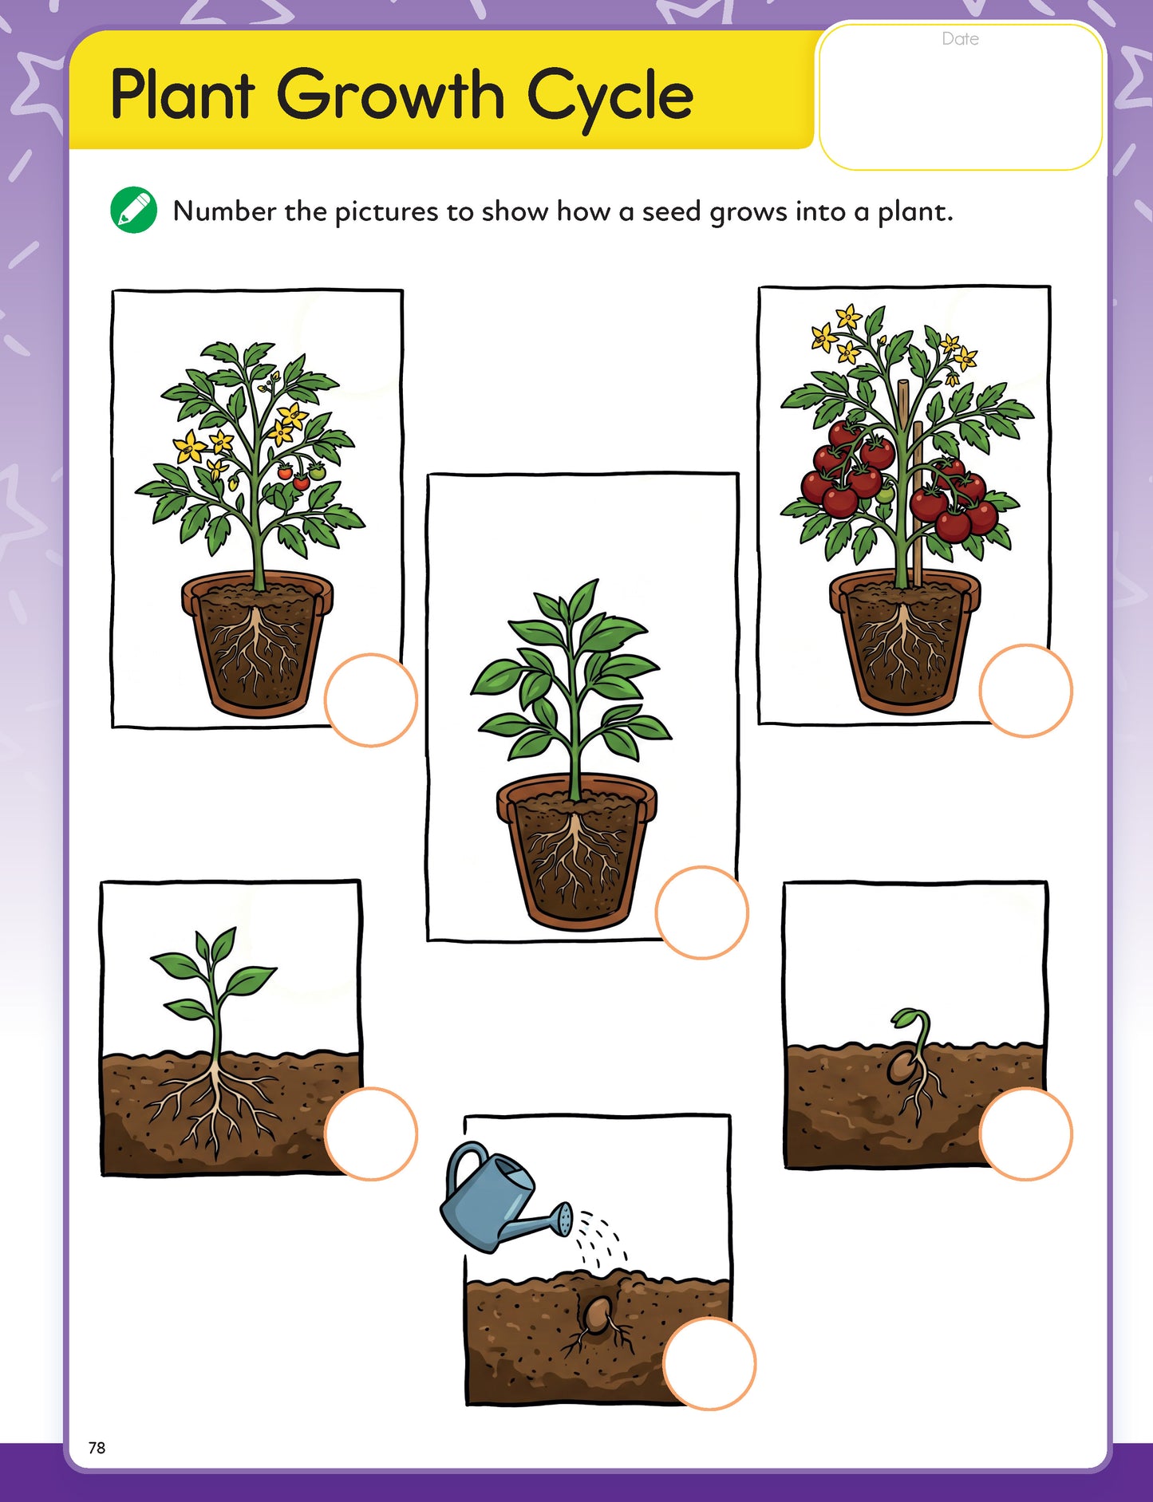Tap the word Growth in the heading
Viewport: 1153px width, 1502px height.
point(391,94)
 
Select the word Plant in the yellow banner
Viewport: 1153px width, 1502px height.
point(183,94)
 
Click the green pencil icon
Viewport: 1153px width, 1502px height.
point(133,211)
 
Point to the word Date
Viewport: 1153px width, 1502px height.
point(960,39)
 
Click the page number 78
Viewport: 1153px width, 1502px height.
point(97,1448)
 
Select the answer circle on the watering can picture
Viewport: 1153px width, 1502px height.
point(709,1364)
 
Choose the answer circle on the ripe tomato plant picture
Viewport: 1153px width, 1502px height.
point(1026,691)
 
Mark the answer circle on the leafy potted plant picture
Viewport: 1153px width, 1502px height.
point(702,913)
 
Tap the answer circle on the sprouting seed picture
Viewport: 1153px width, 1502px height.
point(1026,1134)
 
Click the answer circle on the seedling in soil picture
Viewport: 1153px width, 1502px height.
point(371,1133)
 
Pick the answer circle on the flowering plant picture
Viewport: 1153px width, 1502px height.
point(371,700)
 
